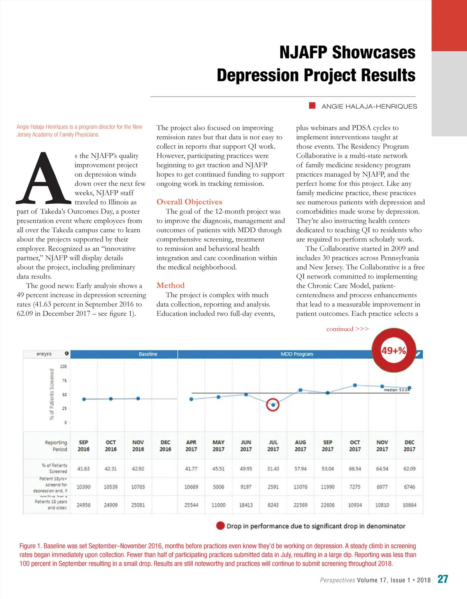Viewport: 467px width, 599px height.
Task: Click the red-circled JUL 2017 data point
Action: [x=273, y=405]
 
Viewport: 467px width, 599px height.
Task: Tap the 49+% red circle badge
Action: [x=394, y=350]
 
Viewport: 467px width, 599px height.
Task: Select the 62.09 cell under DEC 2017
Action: [x=409, y=469]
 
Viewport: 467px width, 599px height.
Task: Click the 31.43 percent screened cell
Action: [x=273, y=469]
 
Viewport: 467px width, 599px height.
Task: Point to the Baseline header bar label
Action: [x=148, y=354]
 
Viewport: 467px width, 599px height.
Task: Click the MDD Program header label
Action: [x=297, y=354]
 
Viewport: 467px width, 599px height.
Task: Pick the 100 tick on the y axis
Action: [x=63, y=366]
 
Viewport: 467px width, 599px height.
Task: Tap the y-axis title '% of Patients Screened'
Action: [x=52, y=394]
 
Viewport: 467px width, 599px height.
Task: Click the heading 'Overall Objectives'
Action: [x=189, y=202]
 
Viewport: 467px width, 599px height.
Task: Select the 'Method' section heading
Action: [x=170, y=285]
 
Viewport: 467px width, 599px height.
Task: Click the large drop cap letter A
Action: [x=44, y=179]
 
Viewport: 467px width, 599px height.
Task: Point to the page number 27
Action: [x=442, y=579]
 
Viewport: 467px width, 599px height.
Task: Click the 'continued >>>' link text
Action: [x=347, y=329]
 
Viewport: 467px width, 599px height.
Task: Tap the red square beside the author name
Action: [x=312, y=106]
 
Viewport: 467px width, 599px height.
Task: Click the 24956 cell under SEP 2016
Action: [x=83, y=505]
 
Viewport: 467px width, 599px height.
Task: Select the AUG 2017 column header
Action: [x=300, y=446]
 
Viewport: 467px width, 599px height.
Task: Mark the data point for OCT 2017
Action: [x=355, y=385]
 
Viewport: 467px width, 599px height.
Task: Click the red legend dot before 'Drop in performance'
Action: [x=220, y=526]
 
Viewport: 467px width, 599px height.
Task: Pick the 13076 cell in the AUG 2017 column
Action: [x=300, y=487]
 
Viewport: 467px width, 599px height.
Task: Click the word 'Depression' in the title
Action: [x=258, y=75]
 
